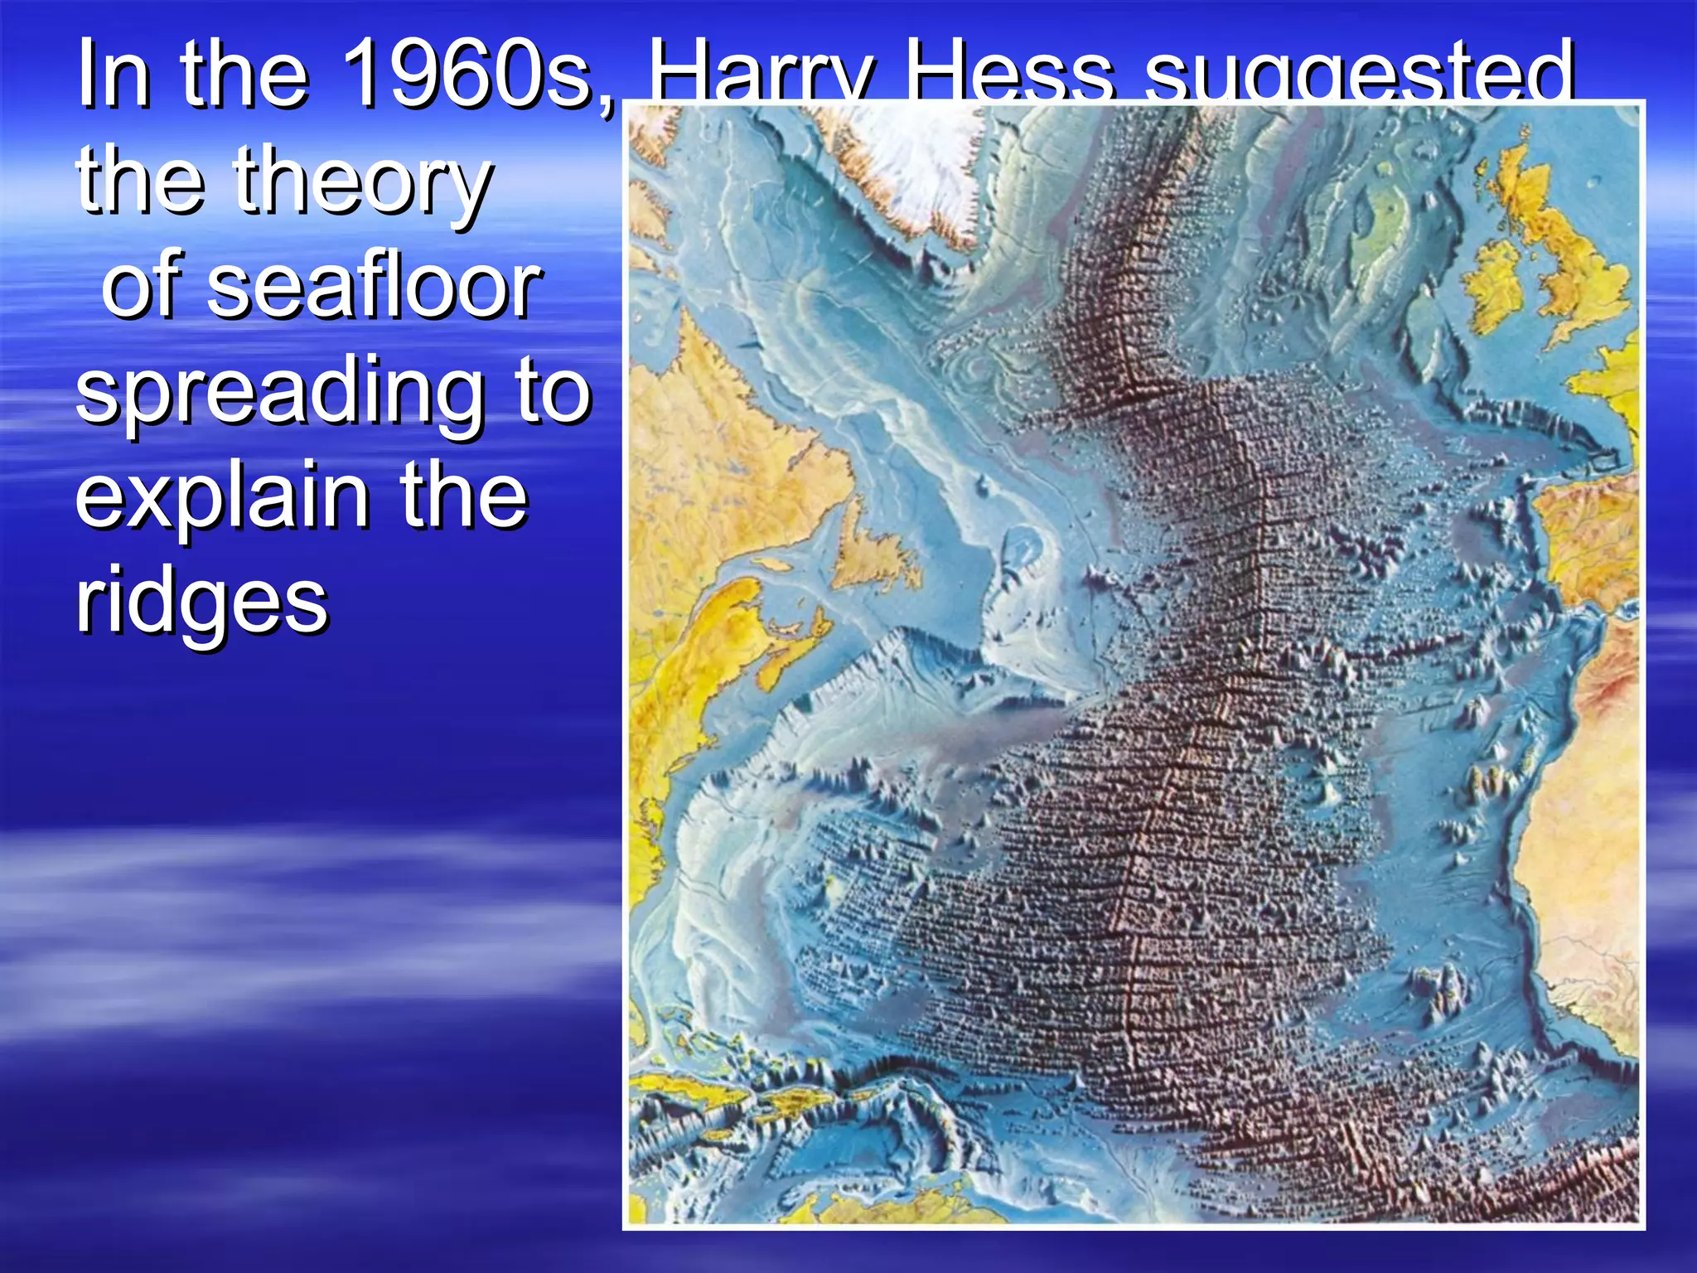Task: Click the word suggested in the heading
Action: click(x=1359, y=76)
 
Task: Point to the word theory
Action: click(x=363, y=184)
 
